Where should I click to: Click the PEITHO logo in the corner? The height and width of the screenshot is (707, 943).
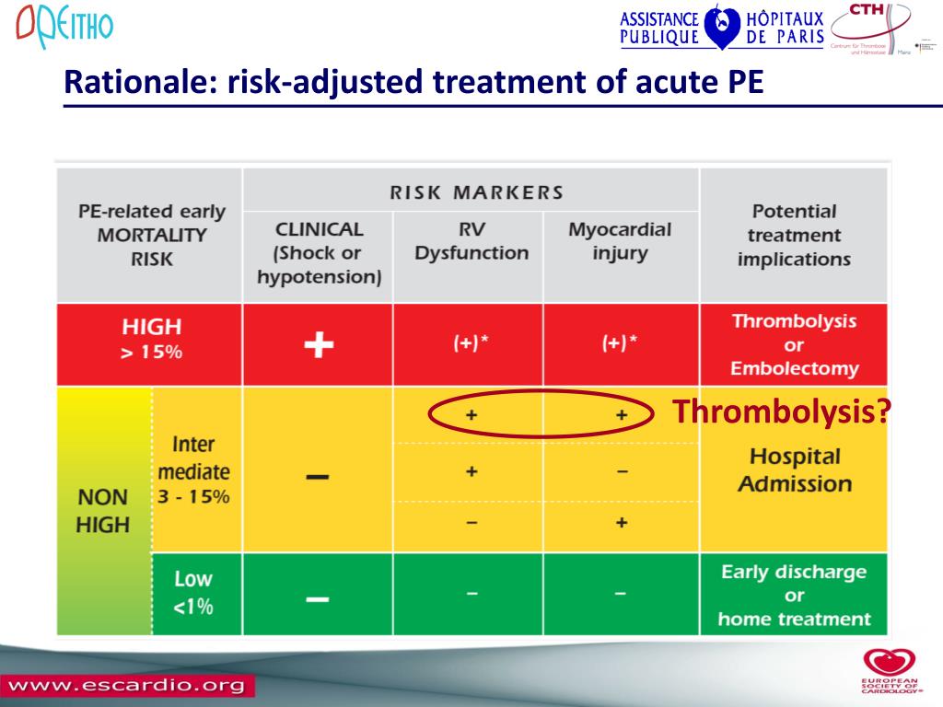click(64, 27)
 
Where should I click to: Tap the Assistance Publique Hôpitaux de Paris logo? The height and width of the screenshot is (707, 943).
click(721, 28)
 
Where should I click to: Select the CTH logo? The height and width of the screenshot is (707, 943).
click(869, 29)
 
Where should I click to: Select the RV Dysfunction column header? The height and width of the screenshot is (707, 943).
click(471, 241)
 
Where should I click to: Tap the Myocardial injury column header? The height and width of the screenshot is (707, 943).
click(619, 241)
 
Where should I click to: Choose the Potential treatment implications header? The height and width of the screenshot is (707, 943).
click(793, 235)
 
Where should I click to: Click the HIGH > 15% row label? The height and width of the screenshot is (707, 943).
click(152, 339)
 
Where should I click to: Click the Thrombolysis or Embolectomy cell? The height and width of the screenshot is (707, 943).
click(794, 345)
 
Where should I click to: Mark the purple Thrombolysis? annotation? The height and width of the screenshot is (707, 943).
click(781, 412)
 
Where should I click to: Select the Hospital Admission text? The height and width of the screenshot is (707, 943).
click(794, 469)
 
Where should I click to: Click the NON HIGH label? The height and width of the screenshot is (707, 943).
click(102, 511)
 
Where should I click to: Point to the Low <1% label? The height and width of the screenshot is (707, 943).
click(193, 593)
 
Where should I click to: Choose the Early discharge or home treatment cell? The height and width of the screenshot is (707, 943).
click(794, 596)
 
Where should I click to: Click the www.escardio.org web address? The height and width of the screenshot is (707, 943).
click(126, 686)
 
